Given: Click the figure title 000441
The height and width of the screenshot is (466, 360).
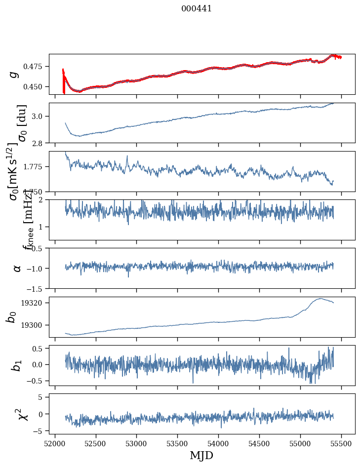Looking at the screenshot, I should [197, 8].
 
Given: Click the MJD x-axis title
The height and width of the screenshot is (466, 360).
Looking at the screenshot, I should [202, 455].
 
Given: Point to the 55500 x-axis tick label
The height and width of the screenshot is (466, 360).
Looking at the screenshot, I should [341, 443].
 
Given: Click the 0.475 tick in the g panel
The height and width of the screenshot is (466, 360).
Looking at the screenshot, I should [36, 66].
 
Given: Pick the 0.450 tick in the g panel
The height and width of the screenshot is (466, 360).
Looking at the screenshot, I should [36, 86].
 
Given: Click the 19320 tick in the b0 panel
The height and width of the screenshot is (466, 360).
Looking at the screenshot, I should [36, 303].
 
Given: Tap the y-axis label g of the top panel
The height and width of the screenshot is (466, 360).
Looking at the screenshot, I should [14, 74].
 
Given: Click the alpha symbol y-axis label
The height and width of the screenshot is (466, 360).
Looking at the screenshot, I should [17, 268].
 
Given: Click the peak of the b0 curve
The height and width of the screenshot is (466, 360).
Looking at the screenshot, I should [321, 298].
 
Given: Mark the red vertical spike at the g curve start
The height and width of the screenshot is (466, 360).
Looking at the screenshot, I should [64, 81].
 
